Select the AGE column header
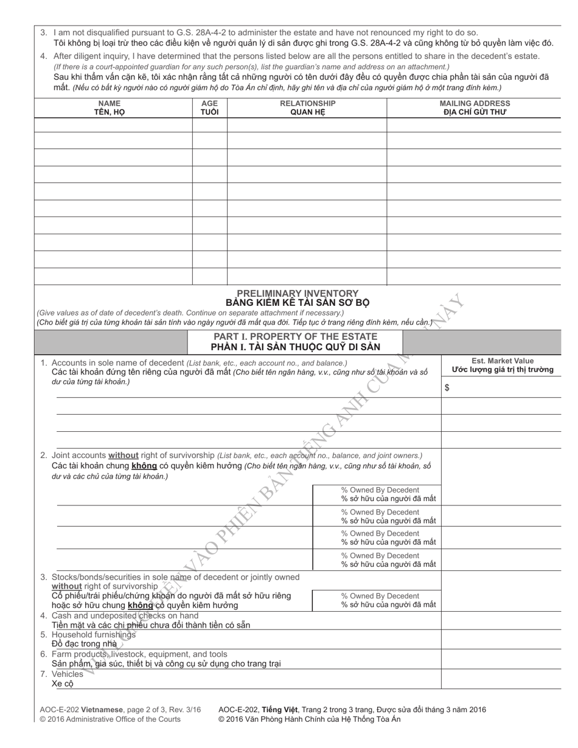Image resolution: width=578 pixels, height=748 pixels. coord(209,103)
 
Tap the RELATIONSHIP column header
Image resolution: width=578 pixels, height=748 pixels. coord(307,103)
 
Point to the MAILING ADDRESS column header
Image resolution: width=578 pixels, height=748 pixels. coord(475,103)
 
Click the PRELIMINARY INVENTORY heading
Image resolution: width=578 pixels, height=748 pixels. coord(298,293)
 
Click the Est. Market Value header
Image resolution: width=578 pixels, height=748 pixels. coord(503,361)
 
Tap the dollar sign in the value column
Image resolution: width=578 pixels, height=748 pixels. coord(447,387)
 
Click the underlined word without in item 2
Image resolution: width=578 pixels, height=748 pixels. coord(123,455)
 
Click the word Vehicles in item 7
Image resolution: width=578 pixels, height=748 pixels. coord(67,674)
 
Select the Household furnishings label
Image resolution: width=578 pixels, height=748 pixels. coord(94,635)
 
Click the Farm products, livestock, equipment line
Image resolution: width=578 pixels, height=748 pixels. coord(139,654)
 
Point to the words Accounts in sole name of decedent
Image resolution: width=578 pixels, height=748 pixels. coord(118,362)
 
